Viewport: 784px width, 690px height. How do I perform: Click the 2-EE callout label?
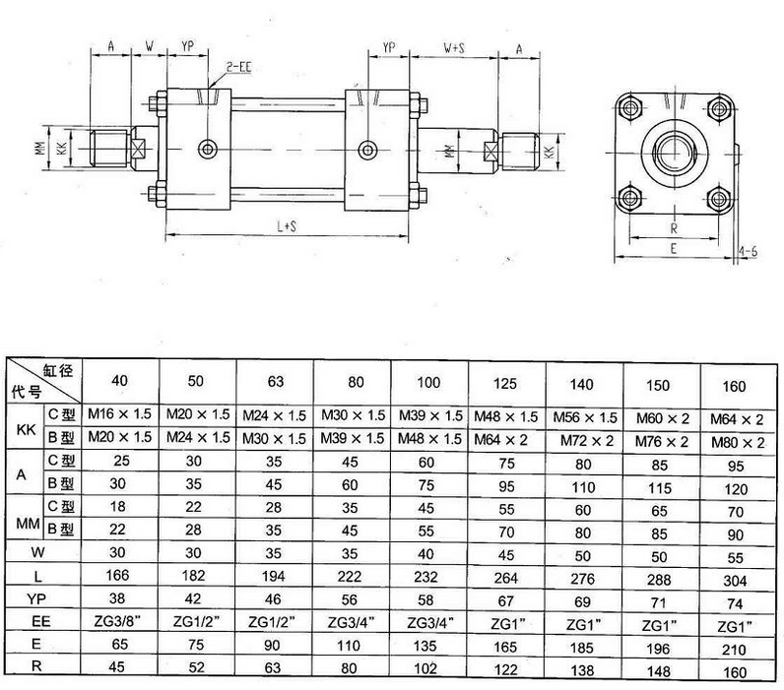click(239, 68)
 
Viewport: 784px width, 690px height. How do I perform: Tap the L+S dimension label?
click(287, 226)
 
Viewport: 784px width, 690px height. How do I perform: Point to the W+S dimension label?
click(454, 47)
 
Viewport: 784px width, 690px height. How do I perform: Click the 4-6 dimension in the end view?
click(748, 251)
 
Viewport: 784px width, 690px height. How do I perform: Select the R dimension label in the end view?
click(674, 228)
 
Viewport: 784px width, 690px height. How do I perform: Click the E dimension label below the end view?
click(674, 248)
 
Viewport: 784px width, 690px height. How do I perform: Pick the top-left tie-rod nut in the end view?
click(629, 108)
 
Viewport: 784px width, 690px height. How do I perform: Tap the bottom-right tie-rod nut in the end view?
click(720, 199)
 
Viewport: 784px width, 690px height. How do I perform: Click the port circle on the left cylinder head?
click(208, 149)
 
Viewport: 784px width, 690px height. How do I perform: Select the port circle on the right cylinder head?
click(368, 150)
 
